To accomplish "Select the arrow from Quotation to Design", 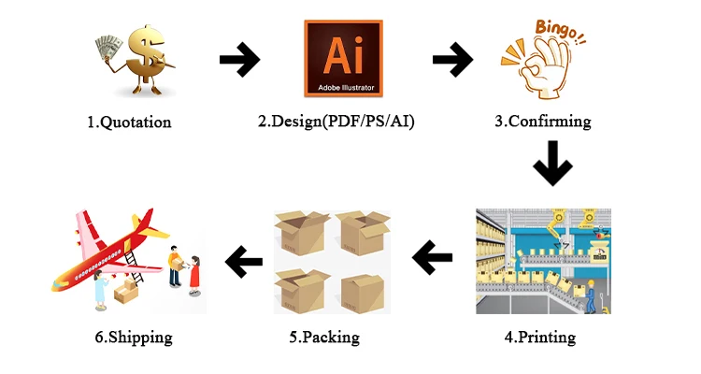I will click(x=239, y=61).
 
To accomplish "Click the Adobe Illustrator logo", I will click(x=343, y=58).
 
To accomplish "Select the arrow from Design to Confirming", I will click(x=452, y=61).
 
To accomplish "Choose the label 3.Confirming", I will click(x=543, y=122).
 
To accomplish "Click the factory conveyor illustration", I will click(x=543, y=261).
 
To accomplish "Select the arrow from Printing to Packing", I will click(x=432, y=257).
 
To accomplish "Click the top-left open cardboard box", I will click(x=301, y=234).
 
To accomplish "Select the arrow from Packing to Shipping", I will click(x=244, y=262).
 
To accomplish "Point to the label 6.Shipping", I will click(x=134, y=337).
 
